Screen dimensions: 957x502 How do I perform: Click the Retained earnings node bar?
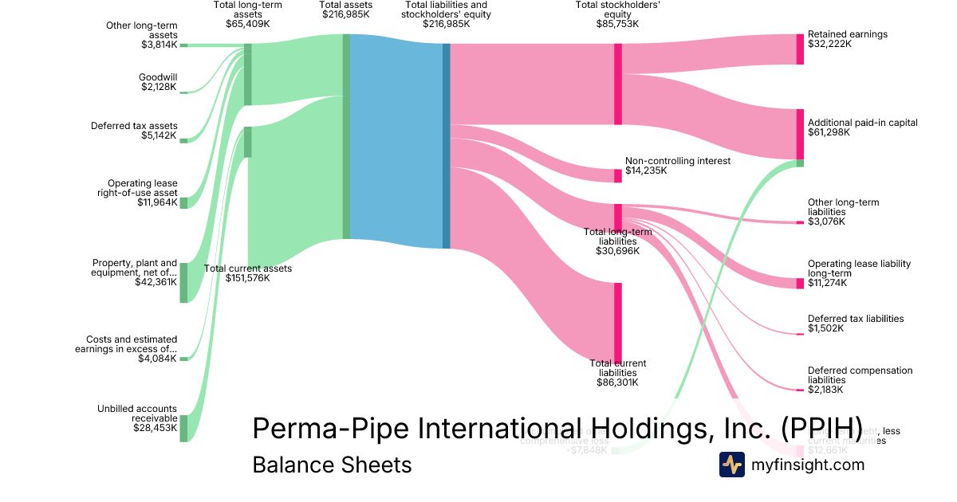pyautogui.click(x=800, y=49)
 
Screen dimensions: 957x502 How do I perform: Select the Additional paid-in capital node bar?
pyautogui.click(x=800, y=134)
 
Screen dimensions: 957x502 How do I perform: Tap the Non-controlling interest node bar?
pyautogui.click(x=617, y=175)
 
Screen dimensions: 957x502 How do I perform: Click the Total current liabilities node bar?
pyautogui.click(x=617, y=322)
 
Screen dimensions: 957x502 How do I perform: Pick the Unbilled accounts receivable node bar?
pyautogui.click(x=183, y=428)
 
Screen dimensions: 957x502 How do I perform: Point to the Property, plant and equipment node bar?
pyautogui.click(x=183, y=282)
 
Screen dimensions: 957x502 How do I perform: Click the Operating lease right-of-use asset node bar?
pyautogui.click(x=183, y=202)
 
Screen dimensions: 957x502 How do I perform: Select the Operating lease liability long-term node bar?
pyautogui.click(x=800, y=283)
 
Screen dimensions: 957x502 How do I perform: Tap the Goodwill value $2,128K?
pyautogui.click(x=159, y=87)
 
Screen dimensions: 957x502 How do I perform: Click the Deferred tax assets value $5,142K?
pyautogui.click(x=159, y=135)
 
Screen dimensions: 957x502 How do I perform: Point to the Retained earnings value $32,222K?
pyautogui.click(x=830, y=44)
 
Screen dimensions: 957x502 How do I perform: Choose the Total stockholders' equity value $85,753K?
pyautogui.click(x=617, y=24)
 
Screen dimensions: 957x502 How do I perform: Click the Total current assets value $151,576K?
pyautogui.click(x=248, y=278)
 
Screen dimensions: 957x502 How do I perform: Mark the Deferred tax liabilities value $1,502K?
pyautogui.click(x=825, y=328)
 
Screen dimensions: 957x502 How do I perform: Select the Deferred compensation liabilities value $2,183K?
pyautogui.click(x=825, y=390)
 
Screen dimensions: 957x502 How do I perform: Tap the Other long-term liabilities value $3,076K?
pyautogui.click(x=825, y=221)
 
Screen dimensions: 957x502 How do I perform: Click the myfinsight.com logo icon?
pyautogui.click(x=731, y=465)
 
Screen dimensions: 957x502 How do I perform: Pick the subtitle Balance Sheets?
pyautogui.click(x=332, y=465)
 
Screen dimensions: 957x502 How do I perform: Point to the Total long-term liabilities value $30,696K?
pyautogui.click(x=617, y=251)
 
